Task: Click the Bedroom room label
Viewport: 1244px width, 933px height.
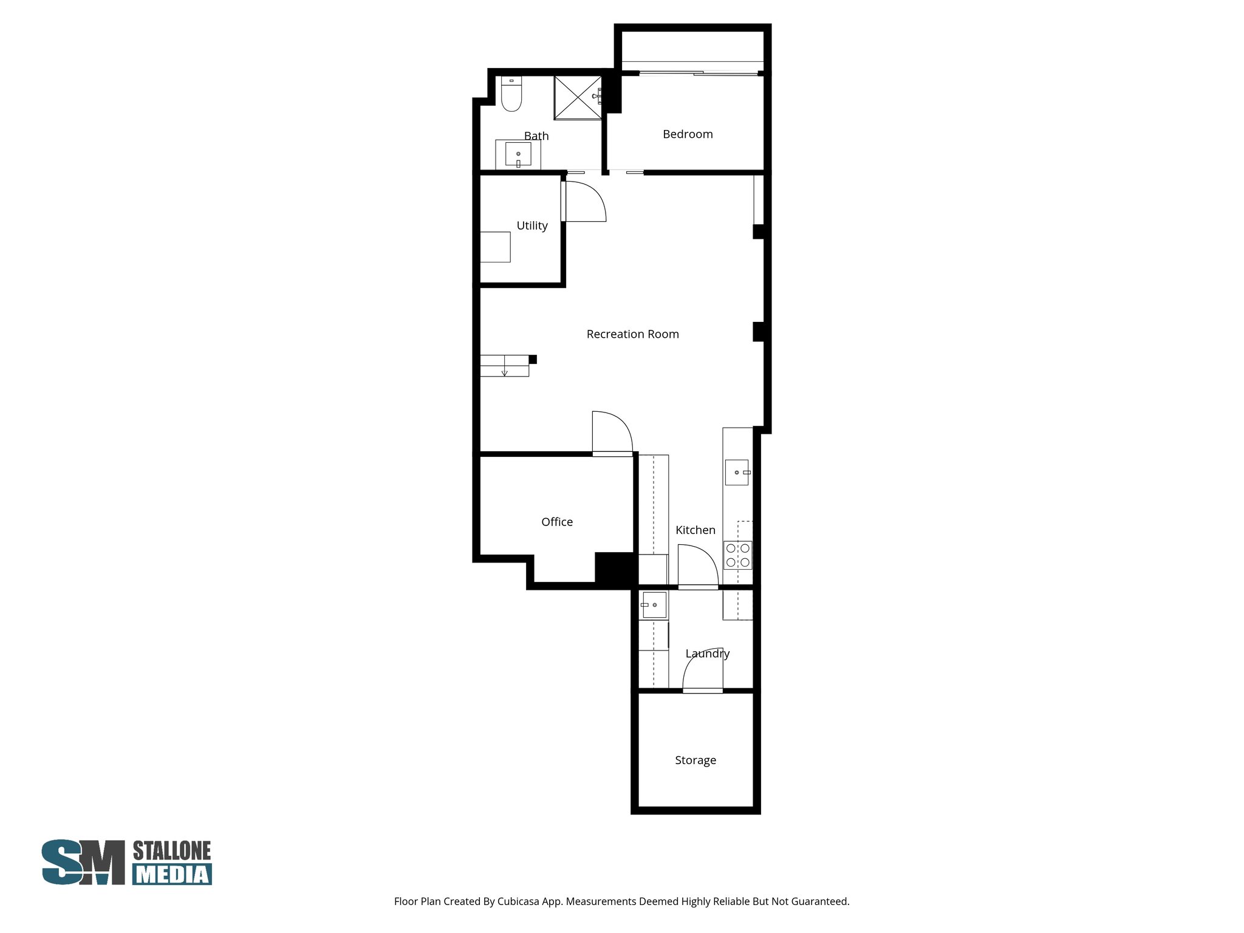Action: coord(688,134)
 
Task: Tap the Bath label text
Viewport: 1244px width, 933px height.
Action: coord(536,136)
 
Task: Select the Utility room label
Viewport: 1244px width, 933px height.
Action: coord(532,225)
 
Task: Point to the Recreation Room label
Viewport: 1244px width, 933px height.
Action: coord(632,334)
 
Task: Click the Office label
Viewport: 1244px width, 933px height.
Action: coord(557,522)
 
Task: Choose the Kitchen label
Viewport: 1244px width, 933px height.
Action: coord(695,530)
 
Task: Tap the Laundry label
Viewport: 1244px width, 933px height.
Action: coord(707,654)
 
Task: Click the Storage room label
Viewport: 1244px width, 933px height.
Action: coord(695,760)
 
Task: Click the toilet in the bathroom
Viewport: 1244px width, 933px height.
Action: coord(511,95)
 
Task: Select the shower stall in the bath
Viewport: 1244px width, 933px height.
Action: coord(578,98)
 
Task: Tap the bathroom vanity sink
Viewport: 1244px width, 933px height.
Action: coord(518,154)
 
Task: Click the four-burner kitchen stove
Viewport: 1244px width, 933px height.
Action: coord(738,555)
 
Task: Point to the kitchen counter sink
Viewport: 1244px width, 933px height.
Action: coord(737,472)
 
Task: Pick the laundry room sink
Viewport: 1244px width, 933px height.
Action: coord(654,605)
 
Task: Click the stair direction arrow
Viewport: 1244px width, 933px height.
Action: coord(504,371)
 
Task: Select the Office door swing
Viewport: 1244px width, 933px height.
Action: coord(612,432)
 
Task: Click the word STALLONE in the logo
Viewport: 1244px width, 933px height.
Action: coord(172,851)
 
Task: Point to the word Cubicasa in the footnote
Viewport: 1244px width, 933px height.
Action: coord(519,901)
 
